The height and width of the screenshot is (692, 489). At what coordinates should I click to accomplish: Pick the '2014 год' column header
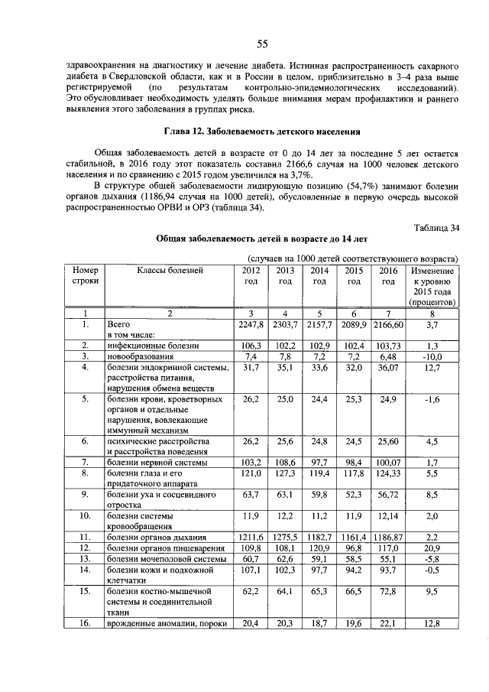(320, 276)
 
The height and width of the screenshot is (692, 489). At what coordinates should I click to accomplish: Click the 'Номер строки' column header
(85, 276)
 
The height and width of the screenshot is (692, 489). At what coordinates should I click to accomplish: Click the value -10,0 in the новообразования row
(432, 357)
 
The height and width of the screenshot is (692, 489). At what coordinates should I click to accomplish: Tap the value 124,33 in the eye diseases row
(389, 474)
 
